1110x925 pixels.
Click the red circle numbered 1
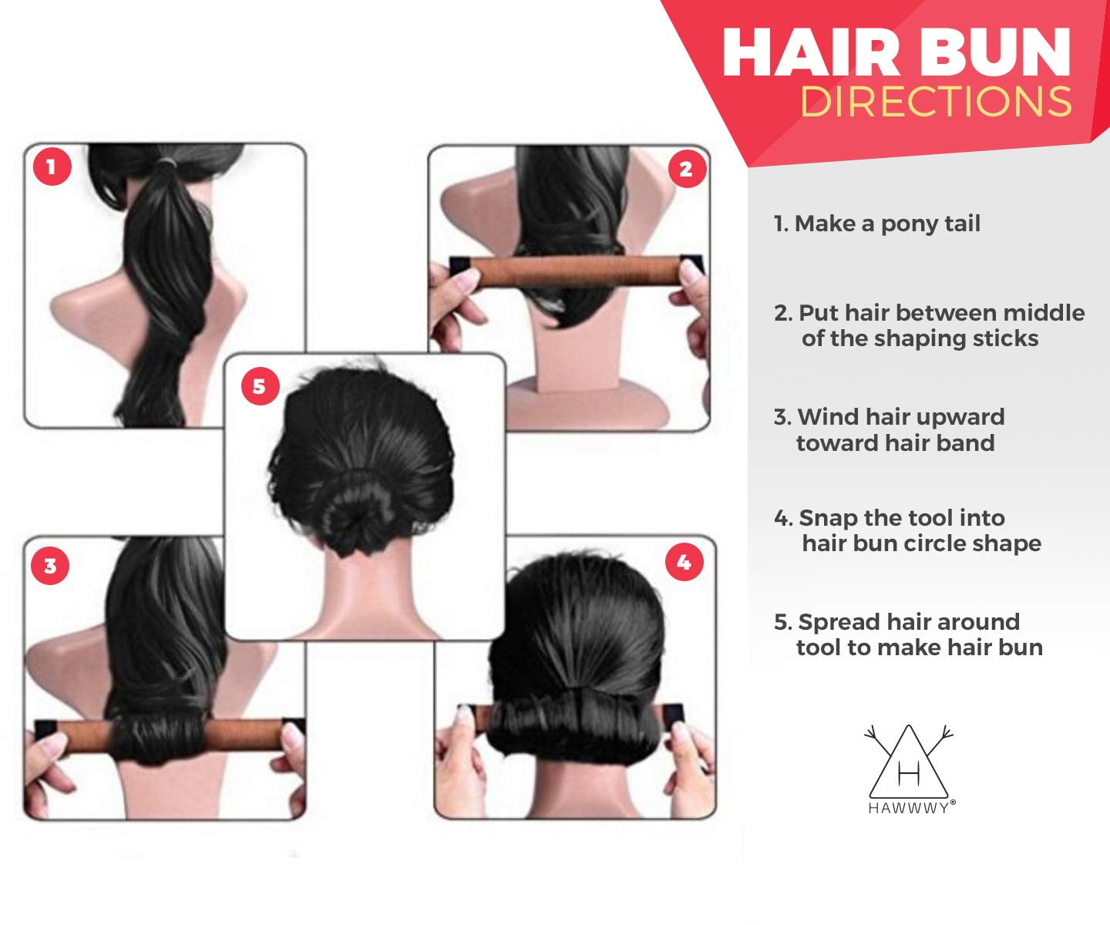point(52,166)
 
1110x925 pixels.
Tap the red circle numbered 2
point(685,169)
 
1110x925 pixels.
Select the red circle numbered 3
point(50,566)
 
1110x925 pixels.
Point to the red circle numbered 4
point(684,563)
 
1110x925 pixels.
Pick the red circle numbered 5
point(259,385)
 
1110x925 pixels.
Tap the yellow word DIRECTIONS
point(936,102)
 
